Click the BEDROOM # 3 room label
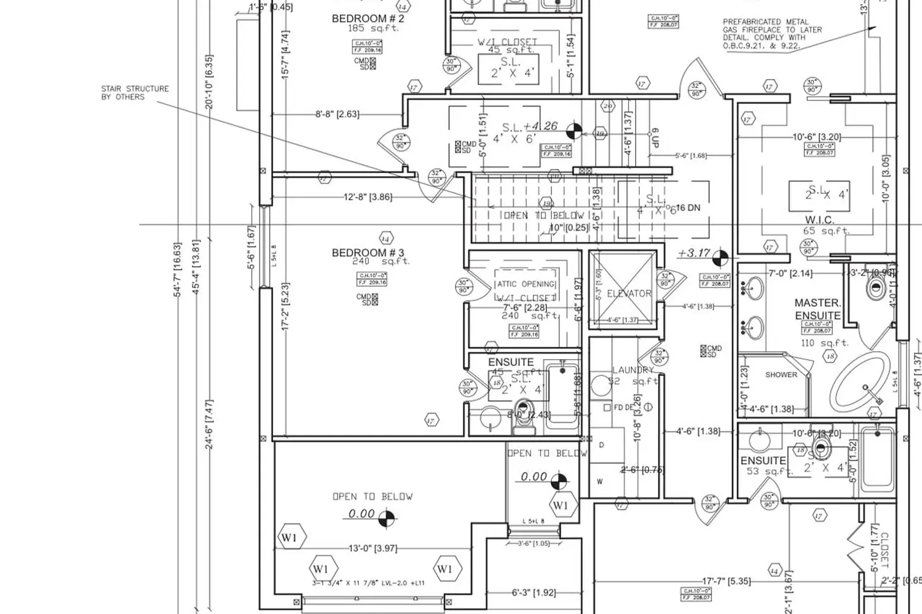pos(368,252)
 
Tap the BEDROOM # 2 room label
pos(368,18)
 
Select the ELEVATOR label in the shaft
pos(629,293)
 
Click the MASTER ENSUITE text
pos(817,309)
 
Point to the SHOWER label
pos(781,375)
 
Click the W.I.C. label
pos(819,220)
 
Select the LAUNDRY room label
pos(632,370)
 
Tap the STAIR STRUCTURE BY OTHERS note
pos(135,93)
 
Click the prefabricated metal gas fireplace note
pos(772,34)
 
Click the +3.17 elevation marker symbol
pos(720,257)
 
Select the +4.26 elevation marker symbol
pos(573,130)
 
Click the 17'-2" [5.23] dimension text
pos(285,307)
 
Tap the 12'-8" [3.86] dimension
pos(368,197)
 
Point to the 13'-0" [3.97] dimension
pos(372,548)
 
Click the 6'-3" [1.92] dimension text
pos(534,593)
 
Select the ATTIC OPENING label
pos(526,284)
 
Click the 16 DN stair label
pos(688,208)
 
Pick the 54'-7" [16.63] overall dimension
pos(178,270)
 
